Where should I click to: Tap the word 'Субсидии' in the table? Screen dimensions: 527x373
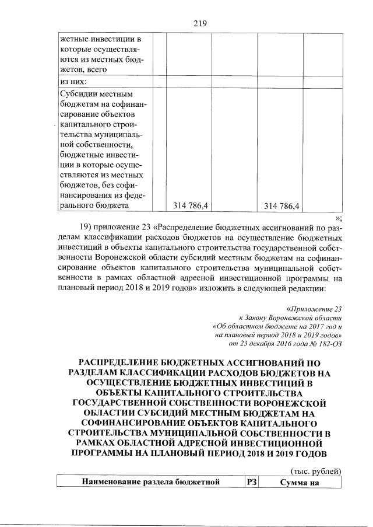78,93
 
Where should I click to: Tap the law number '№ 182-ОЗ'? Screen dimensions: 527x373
326,344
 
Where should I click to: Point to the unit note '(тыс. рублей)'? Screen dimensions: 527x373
315,471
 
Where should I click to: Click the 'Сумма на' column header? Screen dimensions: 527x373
299,481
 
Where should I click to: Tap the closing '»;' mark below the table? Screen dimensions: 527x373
337,217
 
